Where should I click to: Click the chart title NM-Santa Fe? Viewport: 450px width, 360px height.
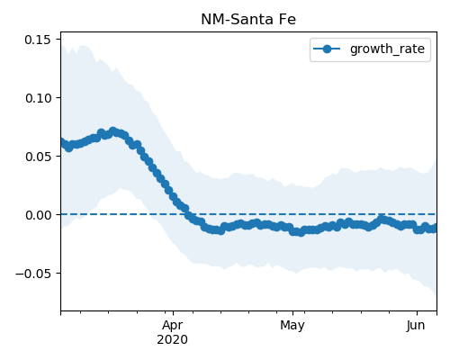point(248,20)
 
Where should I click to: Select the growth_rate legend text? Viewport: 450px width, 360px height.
point(387,49)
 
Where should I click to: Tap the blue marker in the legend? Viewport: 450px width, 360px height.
point(327,49)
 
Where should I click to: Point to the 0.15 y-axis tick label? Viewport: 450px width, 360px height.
point(38,40)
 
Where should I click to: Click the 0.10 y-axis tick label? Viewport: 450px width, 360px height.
point(38,98)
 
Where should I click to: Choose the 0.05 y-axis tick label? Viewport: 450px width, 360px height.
point(38,157)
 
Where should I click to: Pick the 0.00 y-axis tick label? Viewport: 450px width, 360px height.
point(38,215)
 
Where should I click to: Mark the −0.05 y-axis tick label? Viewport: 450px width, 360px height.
point(33,274)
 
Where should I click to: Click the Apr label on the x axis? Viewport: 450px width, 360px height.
point(173,326)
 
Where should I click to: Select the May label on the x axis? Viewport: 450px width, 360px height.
point(292,326)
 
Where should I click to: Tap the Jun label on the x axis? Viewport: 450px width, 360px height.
point(416,326)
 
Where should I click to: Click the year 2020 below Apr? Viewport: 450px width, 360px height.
point(173,339)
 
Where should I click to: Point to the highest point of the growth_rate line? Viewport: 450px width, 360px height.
point(112,131)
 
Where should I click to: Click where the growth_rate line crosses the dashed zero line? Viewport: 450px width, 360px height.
point(188,214)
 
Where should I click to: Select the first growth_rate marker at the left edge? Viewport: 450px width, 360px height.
point(62,142)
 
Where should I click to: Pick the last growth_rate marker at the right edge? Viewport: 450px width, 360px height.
point(435,228)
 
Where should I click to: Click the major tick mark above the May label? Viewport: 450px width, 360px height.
point(292,313)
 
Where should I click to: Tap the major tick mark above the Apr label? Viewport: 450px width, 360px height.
point(173,313)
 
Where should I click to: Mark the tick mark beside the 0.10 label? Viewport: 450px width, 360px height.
point(58,97)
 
